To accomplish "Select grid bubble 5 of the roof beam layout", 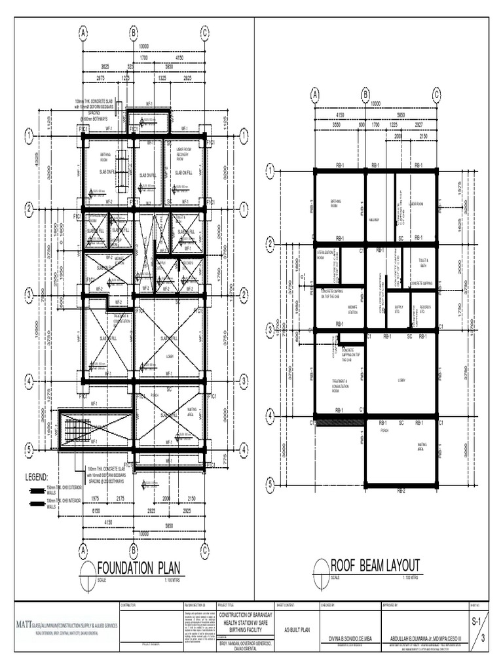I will point(269,485).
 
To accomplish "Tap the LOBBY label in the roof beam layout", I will point(401,379).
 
